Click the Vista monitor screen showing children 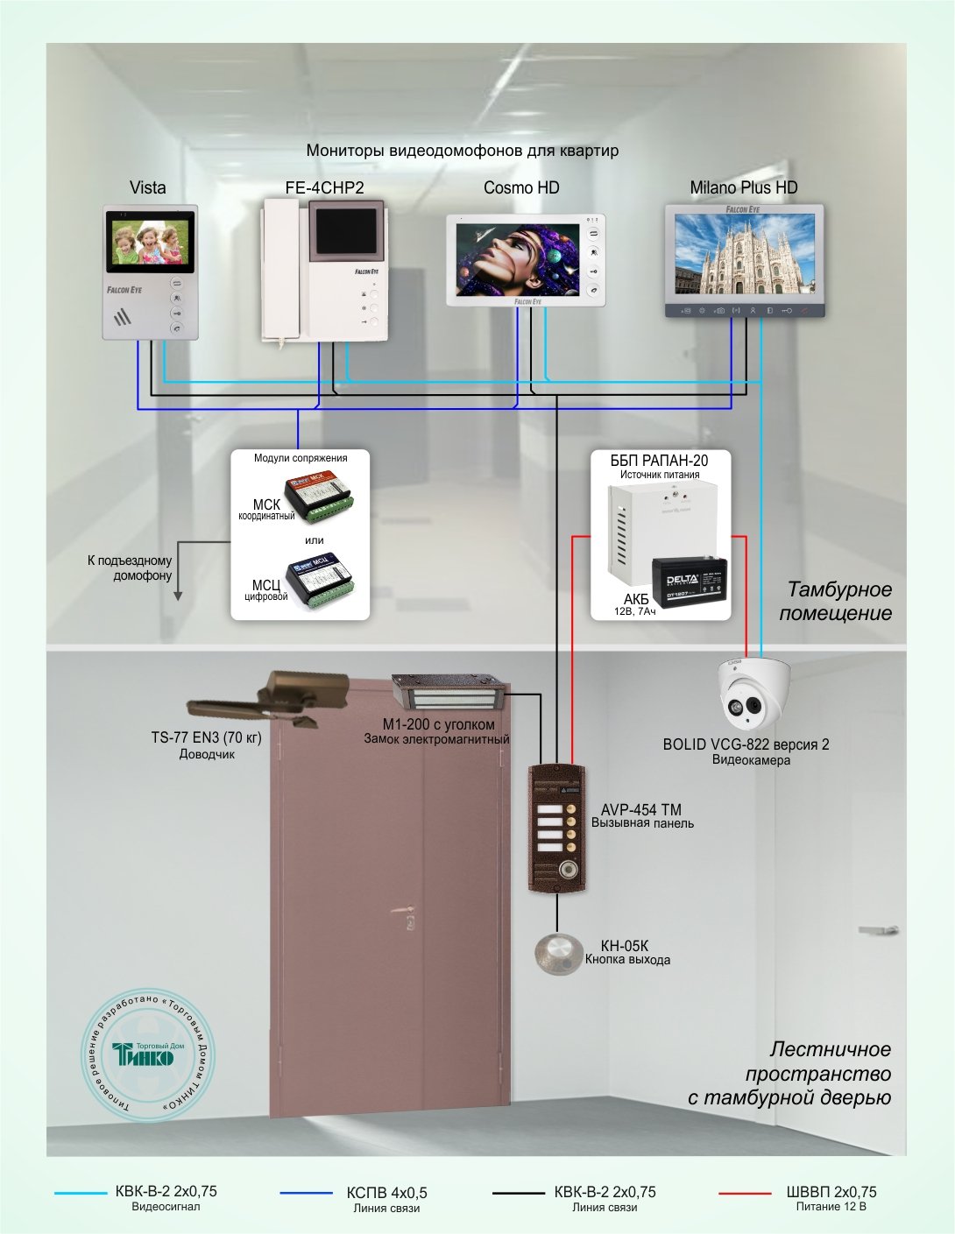pos(149,241)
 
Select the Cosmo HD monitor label pos(521,187)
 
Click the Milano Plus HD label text pos(744,187)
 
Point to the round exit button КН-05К pos(558,953)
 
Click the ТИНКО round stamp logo pos(147,1056)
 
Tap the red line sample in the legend pos(745,1193)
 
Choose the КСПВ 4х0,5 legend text pos(386,1193)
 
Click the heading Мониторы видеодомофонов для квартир pos(463,151)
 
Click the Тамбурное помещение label pos(835,601)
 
